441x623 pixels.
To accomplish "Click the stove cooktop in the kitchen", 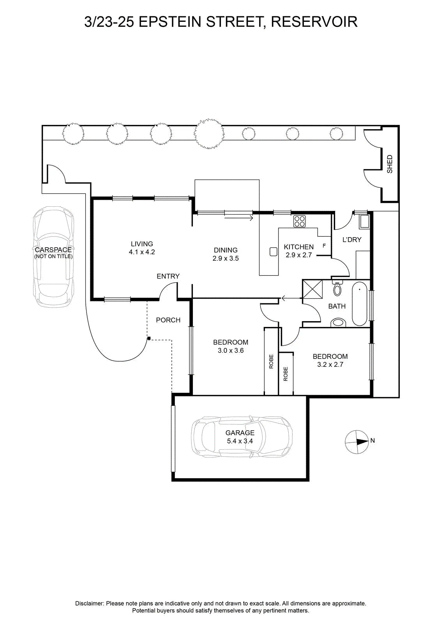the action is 299,222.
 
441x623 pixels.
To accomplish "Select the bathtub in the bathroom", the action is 360,304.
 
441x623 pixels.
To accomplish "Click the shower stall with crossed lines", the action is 312,289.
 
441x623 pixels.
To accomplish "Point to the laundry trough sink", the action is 363,222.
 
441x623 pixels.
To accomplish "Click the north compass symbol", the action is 357,442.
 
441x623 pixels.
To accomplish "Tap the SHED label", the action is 390,164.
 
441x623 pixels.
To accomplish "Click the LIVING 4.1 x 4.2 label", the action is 142,248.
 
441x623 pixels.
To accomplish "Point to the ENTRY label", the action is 168,276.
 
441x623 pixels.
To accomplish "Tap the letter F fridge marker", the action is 324,246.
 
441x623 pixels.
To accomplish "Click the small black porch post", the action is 149,338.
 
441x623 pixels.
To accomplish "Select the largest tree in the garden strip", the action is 209,134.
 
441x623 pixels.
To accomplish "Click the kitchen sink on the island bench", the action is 273,252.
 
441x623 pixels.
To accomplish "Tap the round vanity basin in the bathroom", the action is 338,322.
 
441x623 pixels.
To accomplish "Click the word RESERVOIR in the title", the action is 314,22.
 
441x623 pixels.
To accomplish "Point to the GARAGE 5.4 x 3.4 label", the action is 240,436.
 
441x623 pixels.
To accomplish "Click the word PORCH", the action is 168,320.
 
